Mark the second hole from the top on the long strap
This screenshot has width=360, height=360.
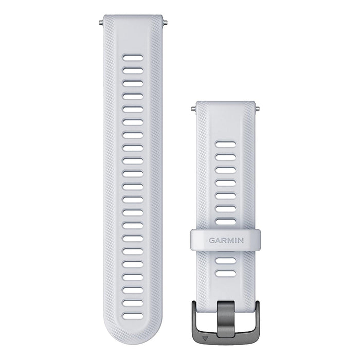coord(132,70)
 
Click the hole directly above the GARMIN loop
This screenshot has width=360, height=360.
coord(226,222)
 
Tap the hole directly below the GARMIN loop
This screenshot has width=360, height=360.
coord(226,261)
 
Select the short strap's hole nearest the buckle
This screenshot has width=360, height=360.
coord(226,274)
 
